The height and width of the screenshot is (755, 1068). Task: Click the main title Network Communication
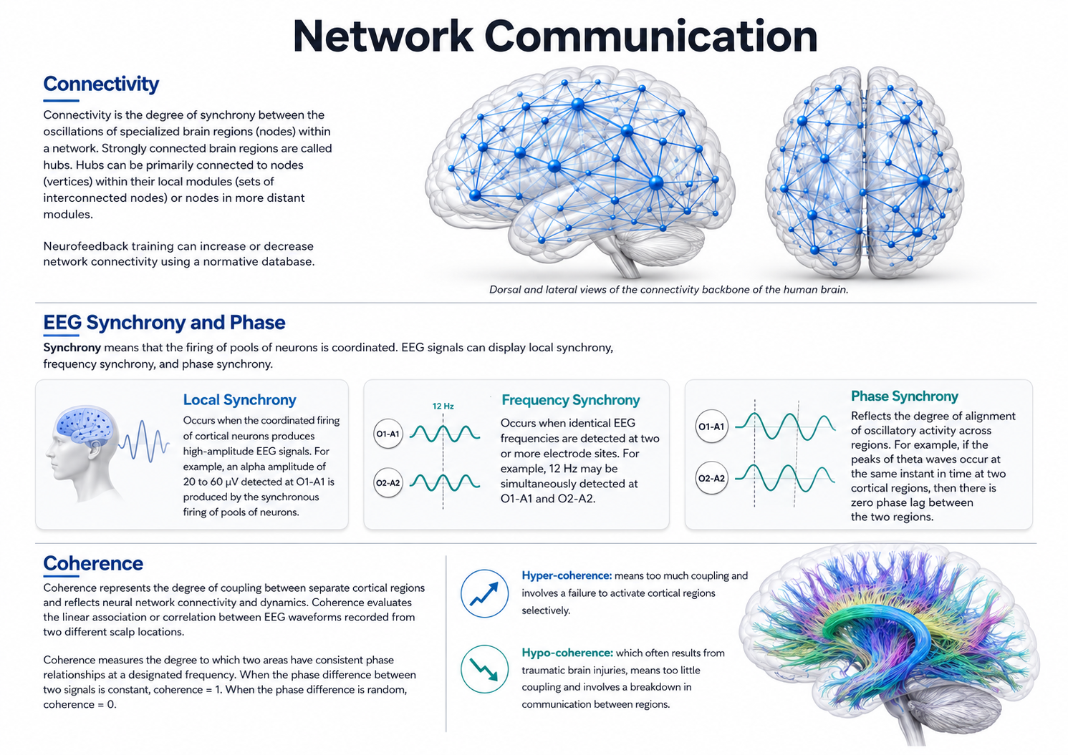point(555,36)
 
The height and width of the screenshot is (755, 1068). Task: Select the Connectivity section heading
point(101,84)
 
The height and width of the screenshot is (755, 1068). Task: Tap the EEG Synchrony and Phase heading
point(165,323)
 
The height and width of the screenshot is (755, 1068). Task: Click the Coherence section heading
point(93,563)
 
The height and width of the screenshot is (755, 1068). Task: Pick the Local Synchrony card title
point(240,399)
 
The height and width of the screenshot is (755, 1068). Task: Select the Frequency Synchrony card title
point(571,400)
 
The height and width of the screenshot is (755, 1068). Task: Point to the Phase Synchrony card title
point(905,396)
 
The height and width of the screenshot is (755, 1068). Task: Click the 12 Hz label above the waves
point(443,406)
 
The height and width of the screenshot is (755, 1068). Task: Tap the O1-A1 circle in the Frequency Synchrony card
point(388,434)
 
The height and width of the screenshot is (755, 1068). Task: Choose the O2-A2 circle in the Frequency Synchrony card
point(388,483)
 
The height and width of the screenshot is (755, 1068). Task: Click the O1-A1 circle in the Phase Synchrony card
point(712,427)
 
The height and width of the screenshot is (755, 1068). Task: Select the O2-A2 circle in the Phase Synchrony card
point(712,478)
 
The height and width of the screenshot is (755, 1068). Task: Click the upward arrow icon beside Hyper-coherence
point(485,593)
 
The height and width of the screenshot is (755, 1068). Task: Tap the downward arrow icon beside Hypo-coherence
point(485,669)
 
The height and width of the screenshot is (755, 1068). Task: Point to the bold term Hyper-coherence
point(567,576)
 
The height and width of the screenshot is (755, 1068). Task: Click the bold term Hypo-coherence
point(567,653)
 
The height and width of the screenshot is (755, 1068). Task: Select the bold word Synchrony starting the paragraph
point(72,348)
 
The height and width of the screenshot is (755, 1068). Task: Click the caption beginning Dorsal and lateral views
point(669,290)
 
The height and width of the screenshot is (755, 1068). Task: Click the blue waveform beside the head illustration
point(144,442)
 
